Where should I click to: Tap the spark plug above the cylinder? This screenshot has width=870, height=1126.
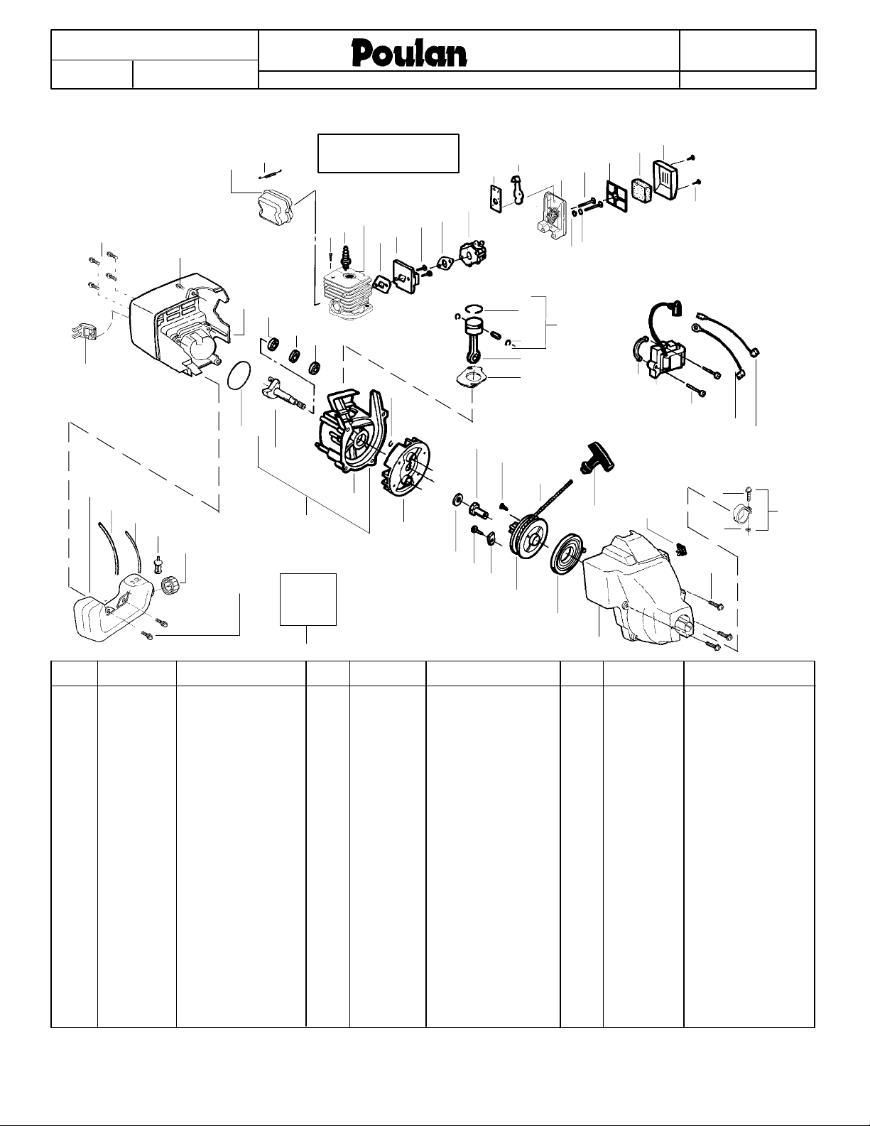[347, 254]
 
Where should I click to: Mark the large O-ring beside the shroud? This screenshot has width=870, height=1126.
[240, 374]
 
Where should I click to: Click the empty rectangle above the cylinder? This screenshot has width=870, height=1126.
[388, 152]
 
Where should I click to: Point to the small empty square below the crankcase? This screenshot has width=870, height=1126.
[308, 599]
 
